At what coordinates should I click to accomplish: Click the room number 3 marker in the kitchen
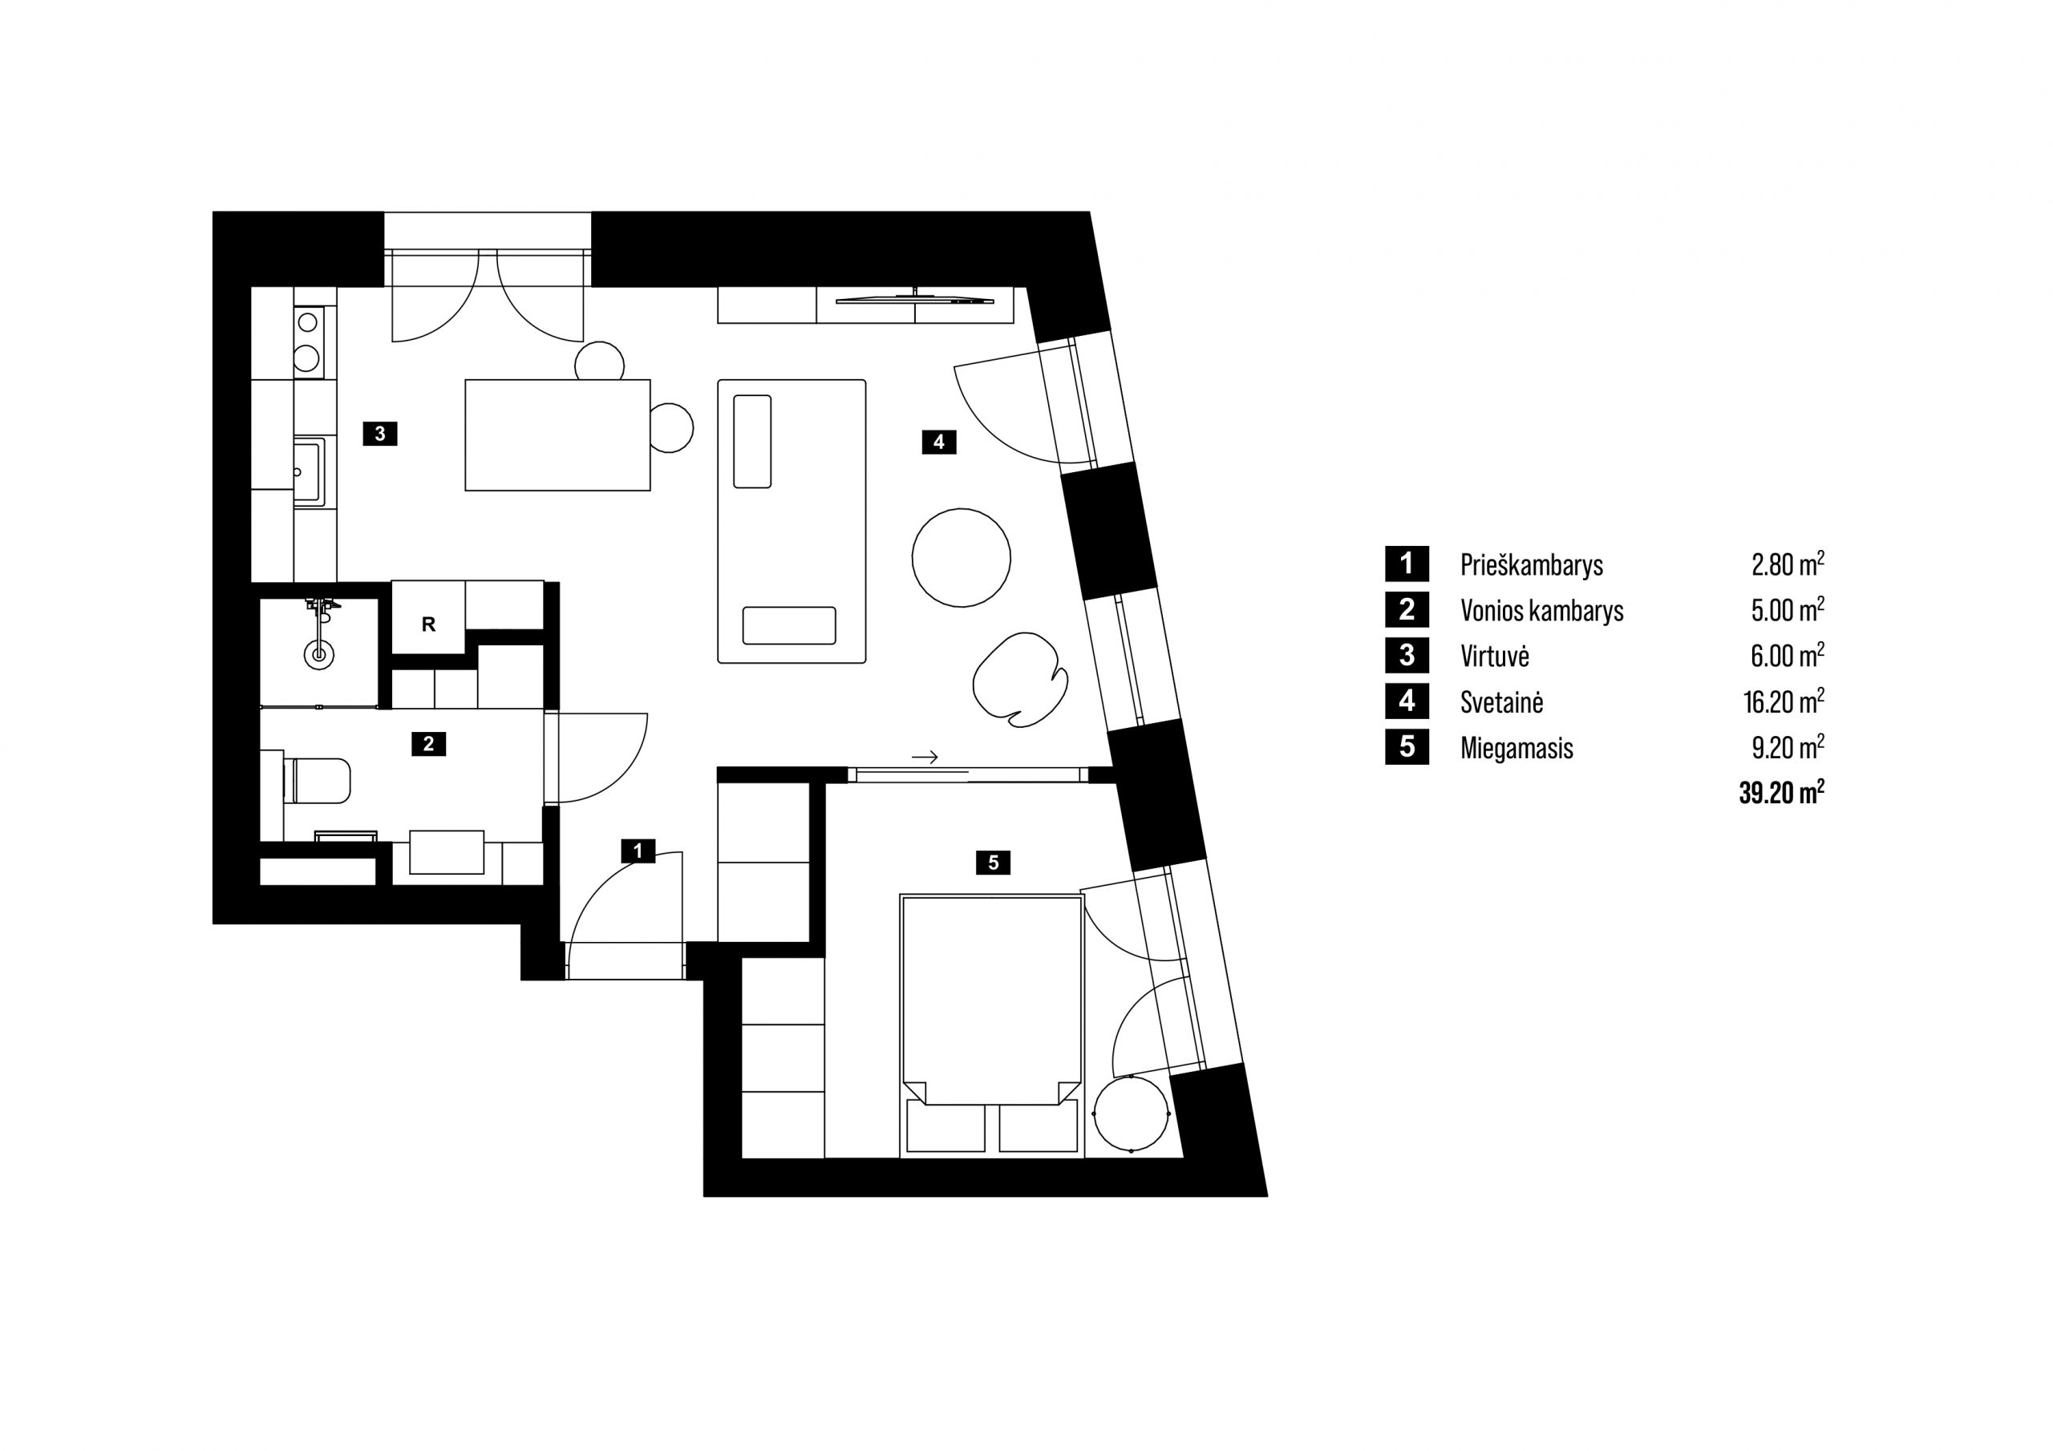pos(380,434)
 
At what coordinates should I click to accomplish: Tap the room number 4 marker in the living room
pos(939,442)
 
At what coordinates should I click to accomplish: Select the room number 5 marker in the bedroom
pos(994,863)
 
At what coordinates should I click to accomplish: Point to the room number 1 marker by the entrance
pos(638,851)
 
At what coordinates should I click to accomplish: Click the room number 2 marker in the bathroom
pos(428,744)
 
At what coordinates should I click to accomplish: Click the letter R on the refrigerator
pos(428,625)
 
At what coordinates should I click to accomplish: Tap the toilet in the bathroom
pos(318,781)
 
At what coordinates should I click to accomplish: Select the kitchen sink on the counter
pos(310,471)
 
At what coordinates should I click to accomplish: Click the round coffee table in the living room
pos(962,558)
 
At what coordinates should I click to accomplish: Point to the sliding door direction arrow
pos(925,758)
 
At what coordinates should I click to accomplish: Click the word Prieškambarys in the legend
pos(1532,565)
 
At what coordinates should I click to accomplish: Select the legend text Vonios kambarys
pos(1541,611)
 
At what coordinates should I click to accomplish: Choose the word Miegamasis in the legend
pos(1516,748)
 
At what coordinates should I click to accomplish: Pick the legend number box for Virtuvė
pos(1407,655)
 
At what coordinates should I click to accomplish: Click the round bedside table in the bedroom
pos(1131,1114)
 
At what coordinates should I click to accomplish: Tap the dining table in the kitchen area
pos(557,435)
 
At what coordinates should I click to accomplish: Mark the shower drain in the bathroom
pos(318,655)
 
